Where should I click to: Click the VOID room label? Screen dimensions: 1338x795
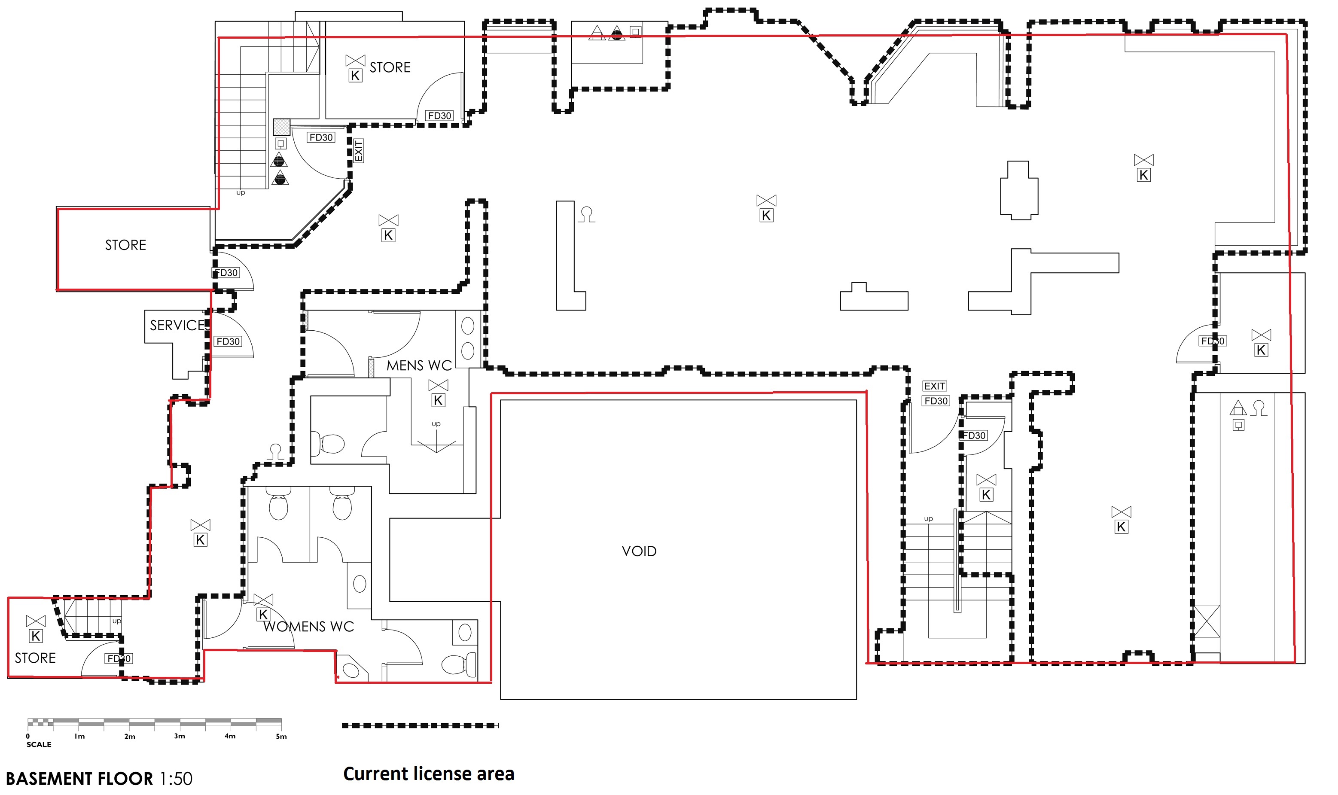pyautogui.click(x=639, y=551)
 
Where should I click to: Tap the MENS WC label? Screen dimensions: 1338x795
pyautogui.click(x=419, y=366)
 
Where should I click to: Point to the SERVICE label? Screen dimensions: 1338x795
pyautogui.click(x=178, y=325)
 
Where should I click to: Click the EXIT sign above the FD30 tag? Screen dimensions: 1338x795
pyautogui.click(x=934, y=386)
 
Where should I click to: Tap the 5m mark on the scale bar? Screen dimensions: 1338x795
pyautogui.click(x=281, y=736)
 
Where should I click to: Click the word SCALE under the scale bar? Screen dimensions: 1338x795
pyautogui.click(x=39, y=744)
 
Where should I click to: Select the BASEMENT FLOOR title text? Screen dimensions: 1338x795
pyautogui.click(x=79, y=778)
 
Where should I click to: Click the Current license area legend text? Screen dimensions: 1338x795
pyautogui.click(x=429, y=774)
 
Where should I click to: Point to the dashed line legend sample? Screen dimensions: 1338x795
pyautogui.click(x=420, y=725)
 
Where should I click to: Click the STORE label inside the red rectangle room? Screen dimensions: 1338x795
pyautogui.click(x=125, y=245)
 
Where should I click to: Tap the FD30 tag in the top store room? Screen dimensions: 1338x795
pyautogui.click(x=440, y=116)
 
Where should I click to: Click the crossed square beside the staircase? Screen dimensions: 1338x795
pyautogui.click(x=282, y=127)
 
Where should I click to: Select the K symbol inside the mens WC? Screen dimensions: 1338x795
pyautogui.click(x=438, y=400)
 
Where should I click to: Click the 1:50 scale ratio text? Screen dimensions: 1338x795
pyautogui.click(x=176, y=778)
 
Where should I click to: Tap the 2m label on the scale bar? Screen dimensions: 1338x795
pyautogui.click(x=130, y=736)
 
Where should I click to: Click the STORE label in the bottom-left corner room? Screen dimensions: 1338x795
pyautogui.click(x=35, y=658)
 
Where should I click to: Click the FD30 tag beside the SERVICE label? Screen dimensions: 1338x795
pyautogui.click(x=228, y=341)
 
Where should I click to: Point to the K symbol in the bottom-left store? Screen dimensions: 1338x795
pyautogui.click(x=35, y=636)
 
